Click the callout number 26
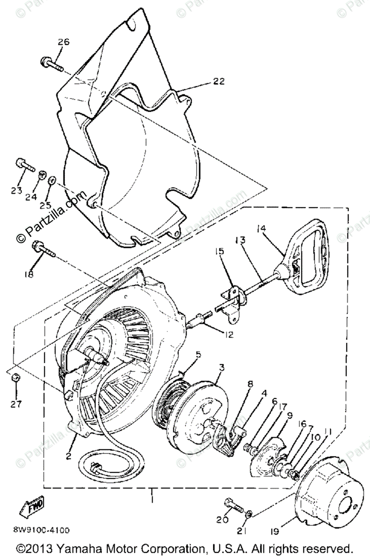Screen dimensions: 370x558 pos(63,42)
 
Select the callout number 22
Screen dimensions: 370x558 pos(219,81)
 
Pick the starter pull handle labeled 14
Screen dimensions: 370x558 pos(304,261)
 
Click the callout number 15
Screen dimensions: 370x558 pos(219,251)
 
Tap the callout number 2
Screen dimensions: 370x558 pos(68,456)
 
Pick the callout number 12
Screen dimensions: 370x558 pos(228,334)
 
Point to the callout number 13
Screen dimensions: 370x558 pos(240,240)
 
